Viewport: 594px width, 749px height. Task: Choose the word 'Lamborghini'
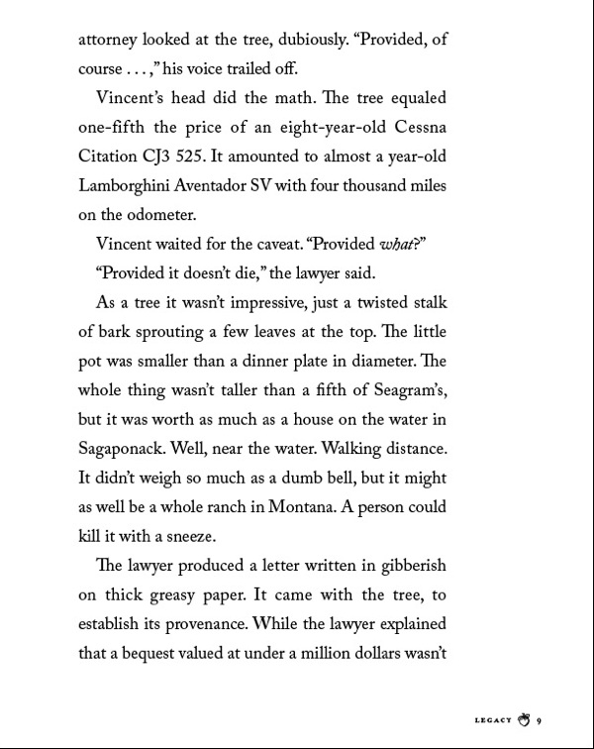coord(129,185)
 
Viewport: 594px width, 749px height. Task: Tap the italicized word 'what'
coord(400,244)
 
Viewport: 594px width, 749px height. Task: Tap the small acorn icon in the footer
coord(525,720)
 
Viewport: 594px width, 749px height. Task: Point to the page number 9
coord(542,721)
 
